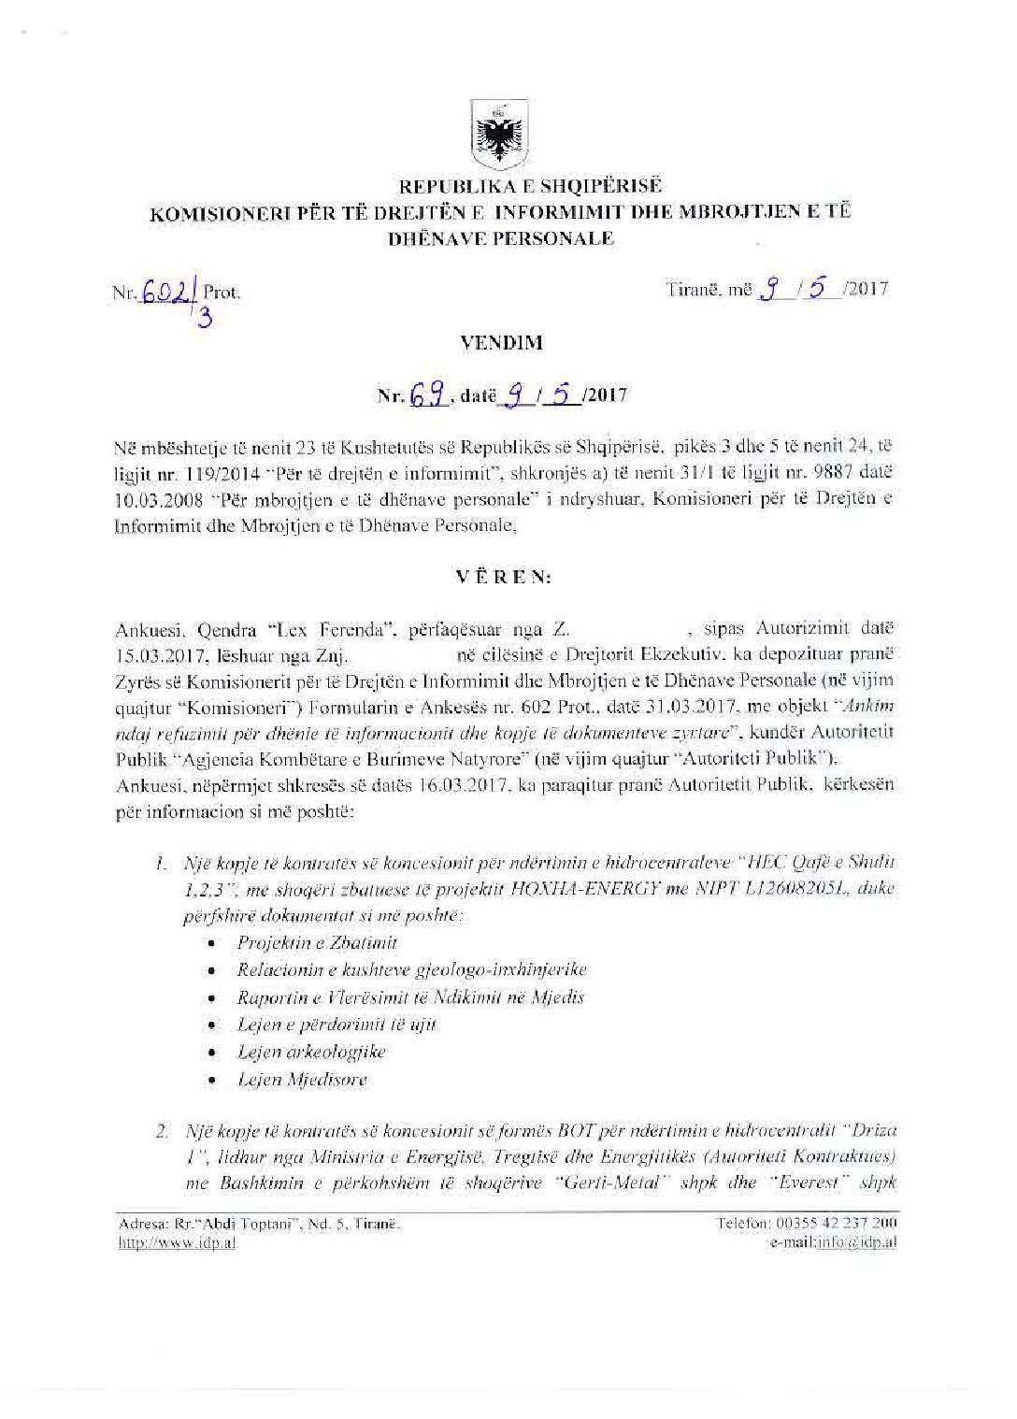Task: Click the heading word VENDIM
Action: [x=501, y=342]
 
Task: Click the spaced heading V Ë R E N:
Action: [x=503, y=577]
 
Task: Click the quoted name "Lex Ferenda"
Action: [x=347, y=629]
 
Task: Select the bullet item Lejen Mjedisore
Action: [x=302, y=1080]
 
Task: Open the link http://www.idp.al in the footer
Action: [x=176, y=1242]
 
